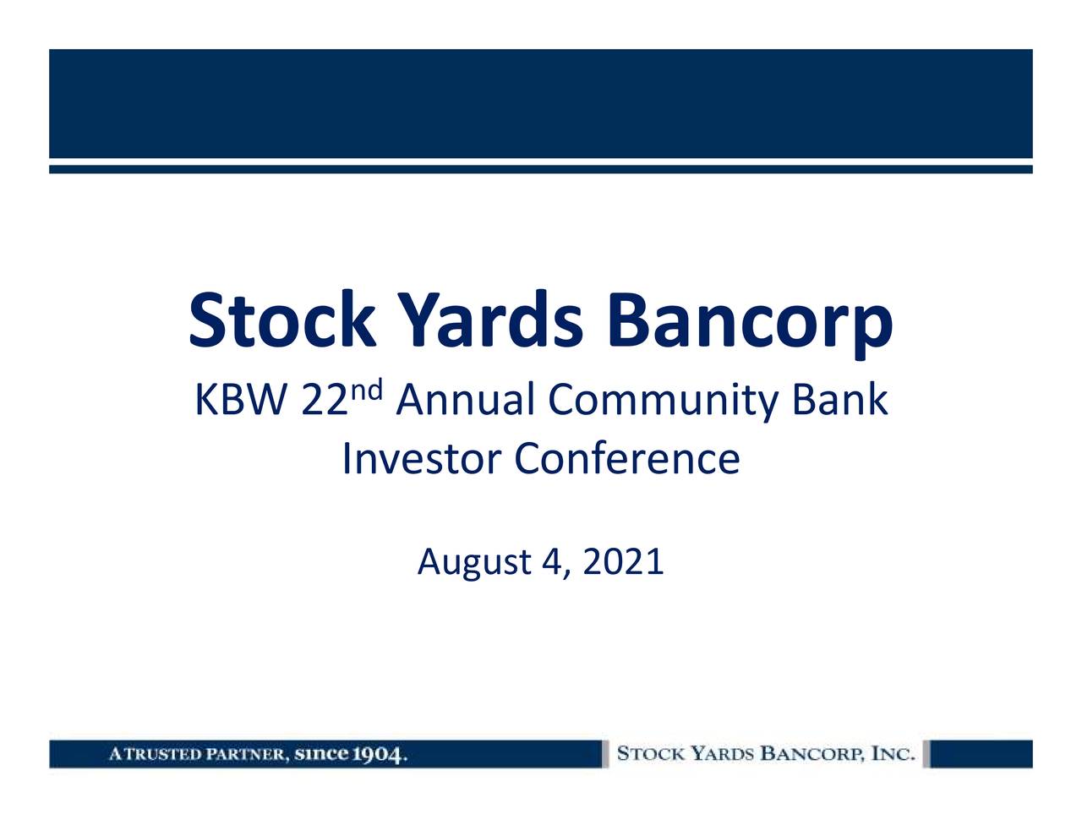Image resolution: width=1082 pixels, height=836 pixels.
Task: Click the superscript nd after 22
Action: pyautogui.click(x=367, y=391)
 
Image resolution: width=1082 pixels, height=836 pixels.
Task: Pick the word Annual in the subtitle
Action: pyautogui.click(x=465, y=402)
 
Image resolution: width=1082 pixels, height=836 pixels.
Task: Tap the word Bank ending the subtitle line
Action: pyautogui.click(x=840, y=402)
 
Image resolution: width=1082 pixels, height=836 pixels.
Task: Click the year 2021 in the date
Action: pyautogui.click(x=623, y=561)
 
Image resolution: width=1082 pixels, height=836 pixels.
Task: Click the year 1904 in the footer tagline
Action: pyautogui.click(x=380, y=754)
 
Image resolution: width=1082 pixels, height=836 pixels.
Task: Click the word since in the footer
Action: pyautogui.click(x=322, y=754)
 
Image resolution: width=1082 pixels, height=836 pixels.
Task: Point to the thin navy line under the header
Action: pyautogui.click(x=541, y=170)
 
